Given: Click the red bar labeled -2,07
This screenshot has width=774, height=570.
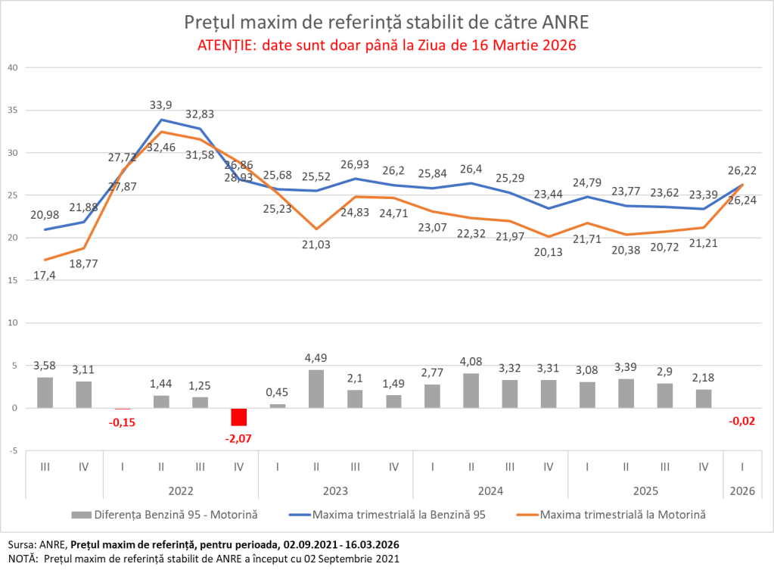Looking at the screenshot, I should (x=238, y=417).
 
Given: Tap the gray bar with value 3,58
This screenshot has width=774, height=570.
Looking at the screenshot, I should (x=45, y=392).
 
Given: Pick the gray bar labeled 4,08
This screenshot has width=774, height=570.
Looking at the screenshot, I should (x=471, y=391).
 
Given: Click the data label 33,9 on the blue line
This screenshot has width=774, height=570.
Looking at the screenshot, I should (x=160, y=104).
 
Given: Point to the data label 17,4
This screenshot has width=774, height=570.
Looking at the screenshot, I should (x=45, y=276).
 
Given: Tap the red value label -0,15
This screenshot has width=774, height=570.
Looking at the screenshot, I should (x=122, y=421).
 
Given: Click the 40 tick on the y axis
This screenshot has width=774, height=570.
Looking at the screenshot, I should (x=11, y=67).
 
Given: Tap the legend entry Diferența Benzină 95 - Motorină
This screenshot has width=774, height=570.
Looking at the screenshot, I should (x=176, y=515).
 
